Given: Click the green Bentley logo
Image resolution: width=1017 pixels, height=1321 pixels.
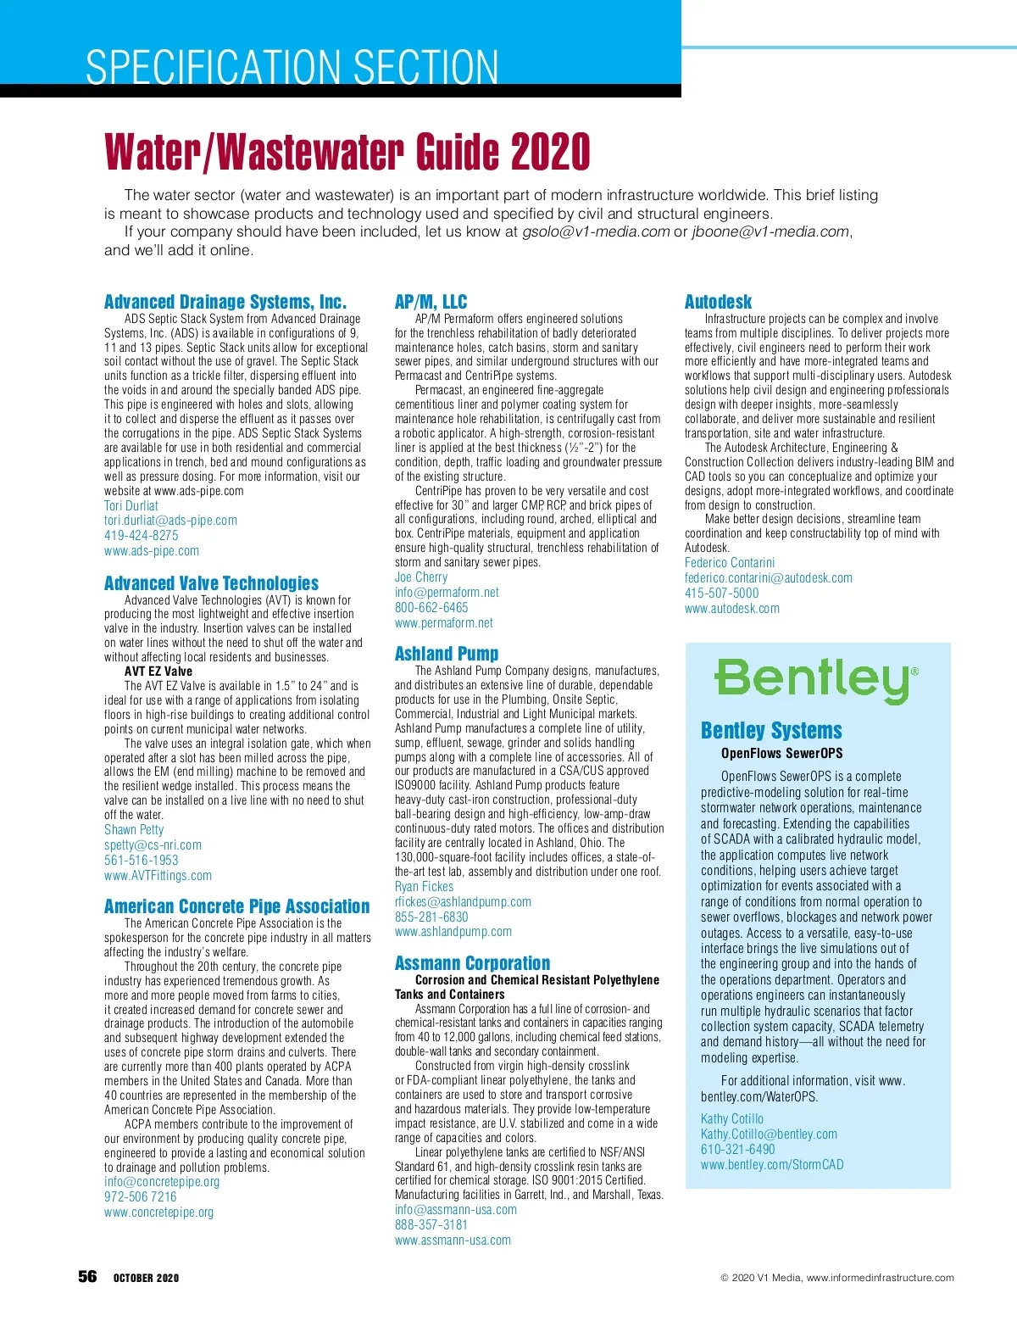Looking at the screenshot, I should coord(815,680).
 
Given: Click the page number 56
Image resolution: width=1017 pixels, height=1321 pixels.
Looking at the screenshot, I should coord(87,1277).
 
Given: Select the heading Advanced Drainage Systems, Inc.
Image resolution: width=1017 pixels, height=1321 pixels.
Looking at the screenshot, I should coord(225,302).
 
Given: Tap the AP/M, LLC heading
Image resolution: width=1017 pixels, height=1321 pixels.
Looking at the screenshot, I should coord(431,302).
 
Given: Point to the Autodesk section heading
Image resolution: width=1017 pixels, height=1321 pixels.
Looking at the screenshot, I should coord(718,302).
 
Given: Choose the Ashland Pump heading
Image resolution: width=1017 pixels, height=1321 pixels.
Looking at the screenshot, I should coord(446,654).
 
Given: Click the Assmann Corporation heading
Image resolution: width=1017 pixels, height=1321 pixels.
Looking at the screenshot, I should coord(472,963).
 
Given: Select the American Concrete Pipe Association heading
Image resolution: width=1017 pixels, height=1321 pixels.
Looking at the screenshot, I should coord(236,906).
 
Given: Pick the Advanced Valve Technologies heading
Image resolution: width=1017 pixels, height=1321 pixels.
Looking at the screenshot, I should coord(211,583).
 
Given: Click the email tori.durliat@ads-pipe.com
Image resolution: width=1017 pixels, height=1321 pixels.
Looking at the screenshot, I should coord(170,521).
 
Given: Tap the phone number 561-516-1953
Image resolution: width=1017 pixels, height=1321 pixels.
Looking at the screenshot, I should coord(142,860).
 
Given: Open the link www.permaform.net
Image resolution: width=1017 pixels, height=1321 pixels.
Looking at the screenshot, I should coord(443,623).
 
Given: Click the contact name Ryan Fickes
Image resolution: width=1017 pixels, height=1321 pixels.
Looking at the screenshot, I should coord(424,887).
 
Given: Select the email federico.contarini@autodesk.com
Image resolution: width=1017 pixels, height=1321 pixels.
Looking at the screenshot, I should coord(768,578).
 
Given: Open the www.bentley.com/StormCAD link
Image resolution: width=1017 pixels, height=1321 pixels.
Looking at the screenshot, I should coord(772,1165).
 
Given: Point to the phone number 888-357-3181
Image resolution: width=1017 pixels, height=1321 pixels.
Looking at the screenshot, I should coord(431,1225).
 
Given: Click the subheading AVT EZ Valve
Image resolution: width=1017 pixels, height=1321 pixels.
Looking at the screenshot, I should coord(158,672).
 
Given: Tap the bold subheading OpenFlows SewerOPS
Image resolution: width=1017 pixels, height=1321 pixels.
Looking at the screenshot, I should coord(781,753).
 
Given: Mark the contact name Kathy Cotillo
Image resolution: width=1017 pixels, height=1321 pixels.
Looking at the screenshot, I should coord(731,1119).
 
